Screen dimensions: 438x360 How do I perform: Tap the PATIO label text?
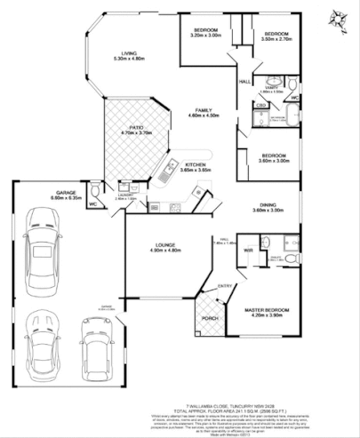tap(136, 128)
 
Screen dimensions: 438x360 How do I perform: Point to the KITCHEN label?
tap(196, 164)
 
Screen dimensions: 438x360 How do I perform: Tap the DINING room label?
tap(267, 204)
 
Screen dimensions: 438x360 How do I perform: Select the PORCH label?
tap(210, 317)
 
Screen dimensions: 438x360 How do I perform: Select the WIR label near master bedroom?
tap(249, 251)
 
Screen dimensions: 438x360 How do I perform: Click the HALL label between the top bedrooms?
tap(244, 82)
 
